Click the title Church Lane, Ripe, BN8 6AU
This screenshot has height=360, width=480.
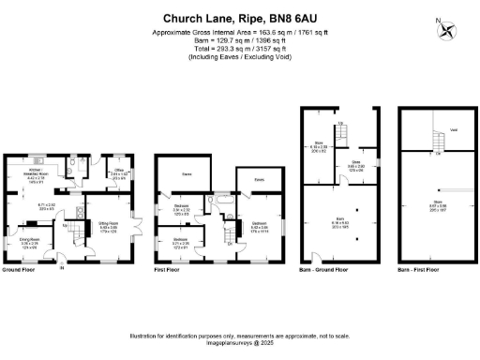point(239,18)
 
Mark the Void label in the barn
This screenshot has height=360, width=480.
point(453,130)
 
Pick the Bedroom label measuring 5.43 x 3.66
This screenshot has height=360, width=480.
point(260,225)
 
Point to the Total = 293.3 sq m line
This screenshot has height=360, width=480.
point(239,48)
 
